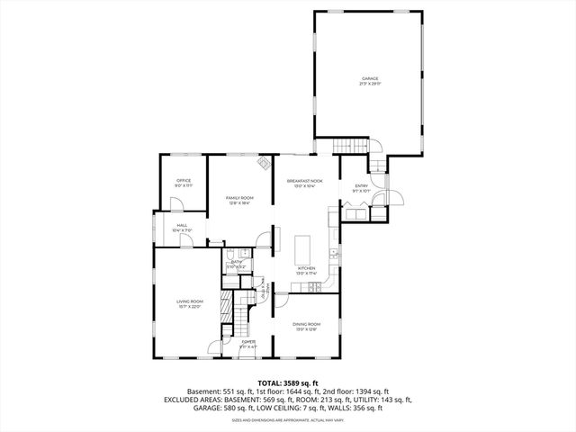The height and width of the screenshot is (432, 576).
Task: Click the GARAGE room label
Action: (371, 78)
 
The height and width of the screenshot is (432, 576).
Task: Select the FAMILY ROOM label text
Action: (239, 197)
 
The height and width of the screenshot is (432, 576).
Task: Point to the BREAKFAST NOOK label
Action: (306, 181)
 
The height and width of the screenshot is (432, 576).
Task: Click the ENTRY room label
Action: (361, 185)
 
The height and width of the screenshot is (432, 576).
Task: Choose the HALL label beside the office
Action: (182, 225)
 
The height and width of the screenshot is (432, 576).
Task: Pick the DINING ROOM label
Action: (307, 324)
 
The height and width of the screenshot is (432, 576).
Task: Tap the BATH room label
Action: (236, 262)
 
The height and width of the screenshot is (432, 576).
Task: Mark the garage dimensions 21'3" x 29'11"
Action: (371, 84)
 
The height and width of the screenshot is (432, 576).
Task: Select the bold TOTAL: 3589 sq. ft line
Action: (288, 383)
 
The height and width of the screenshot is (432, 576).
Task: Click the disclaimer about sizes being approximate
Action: (288, 418)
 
